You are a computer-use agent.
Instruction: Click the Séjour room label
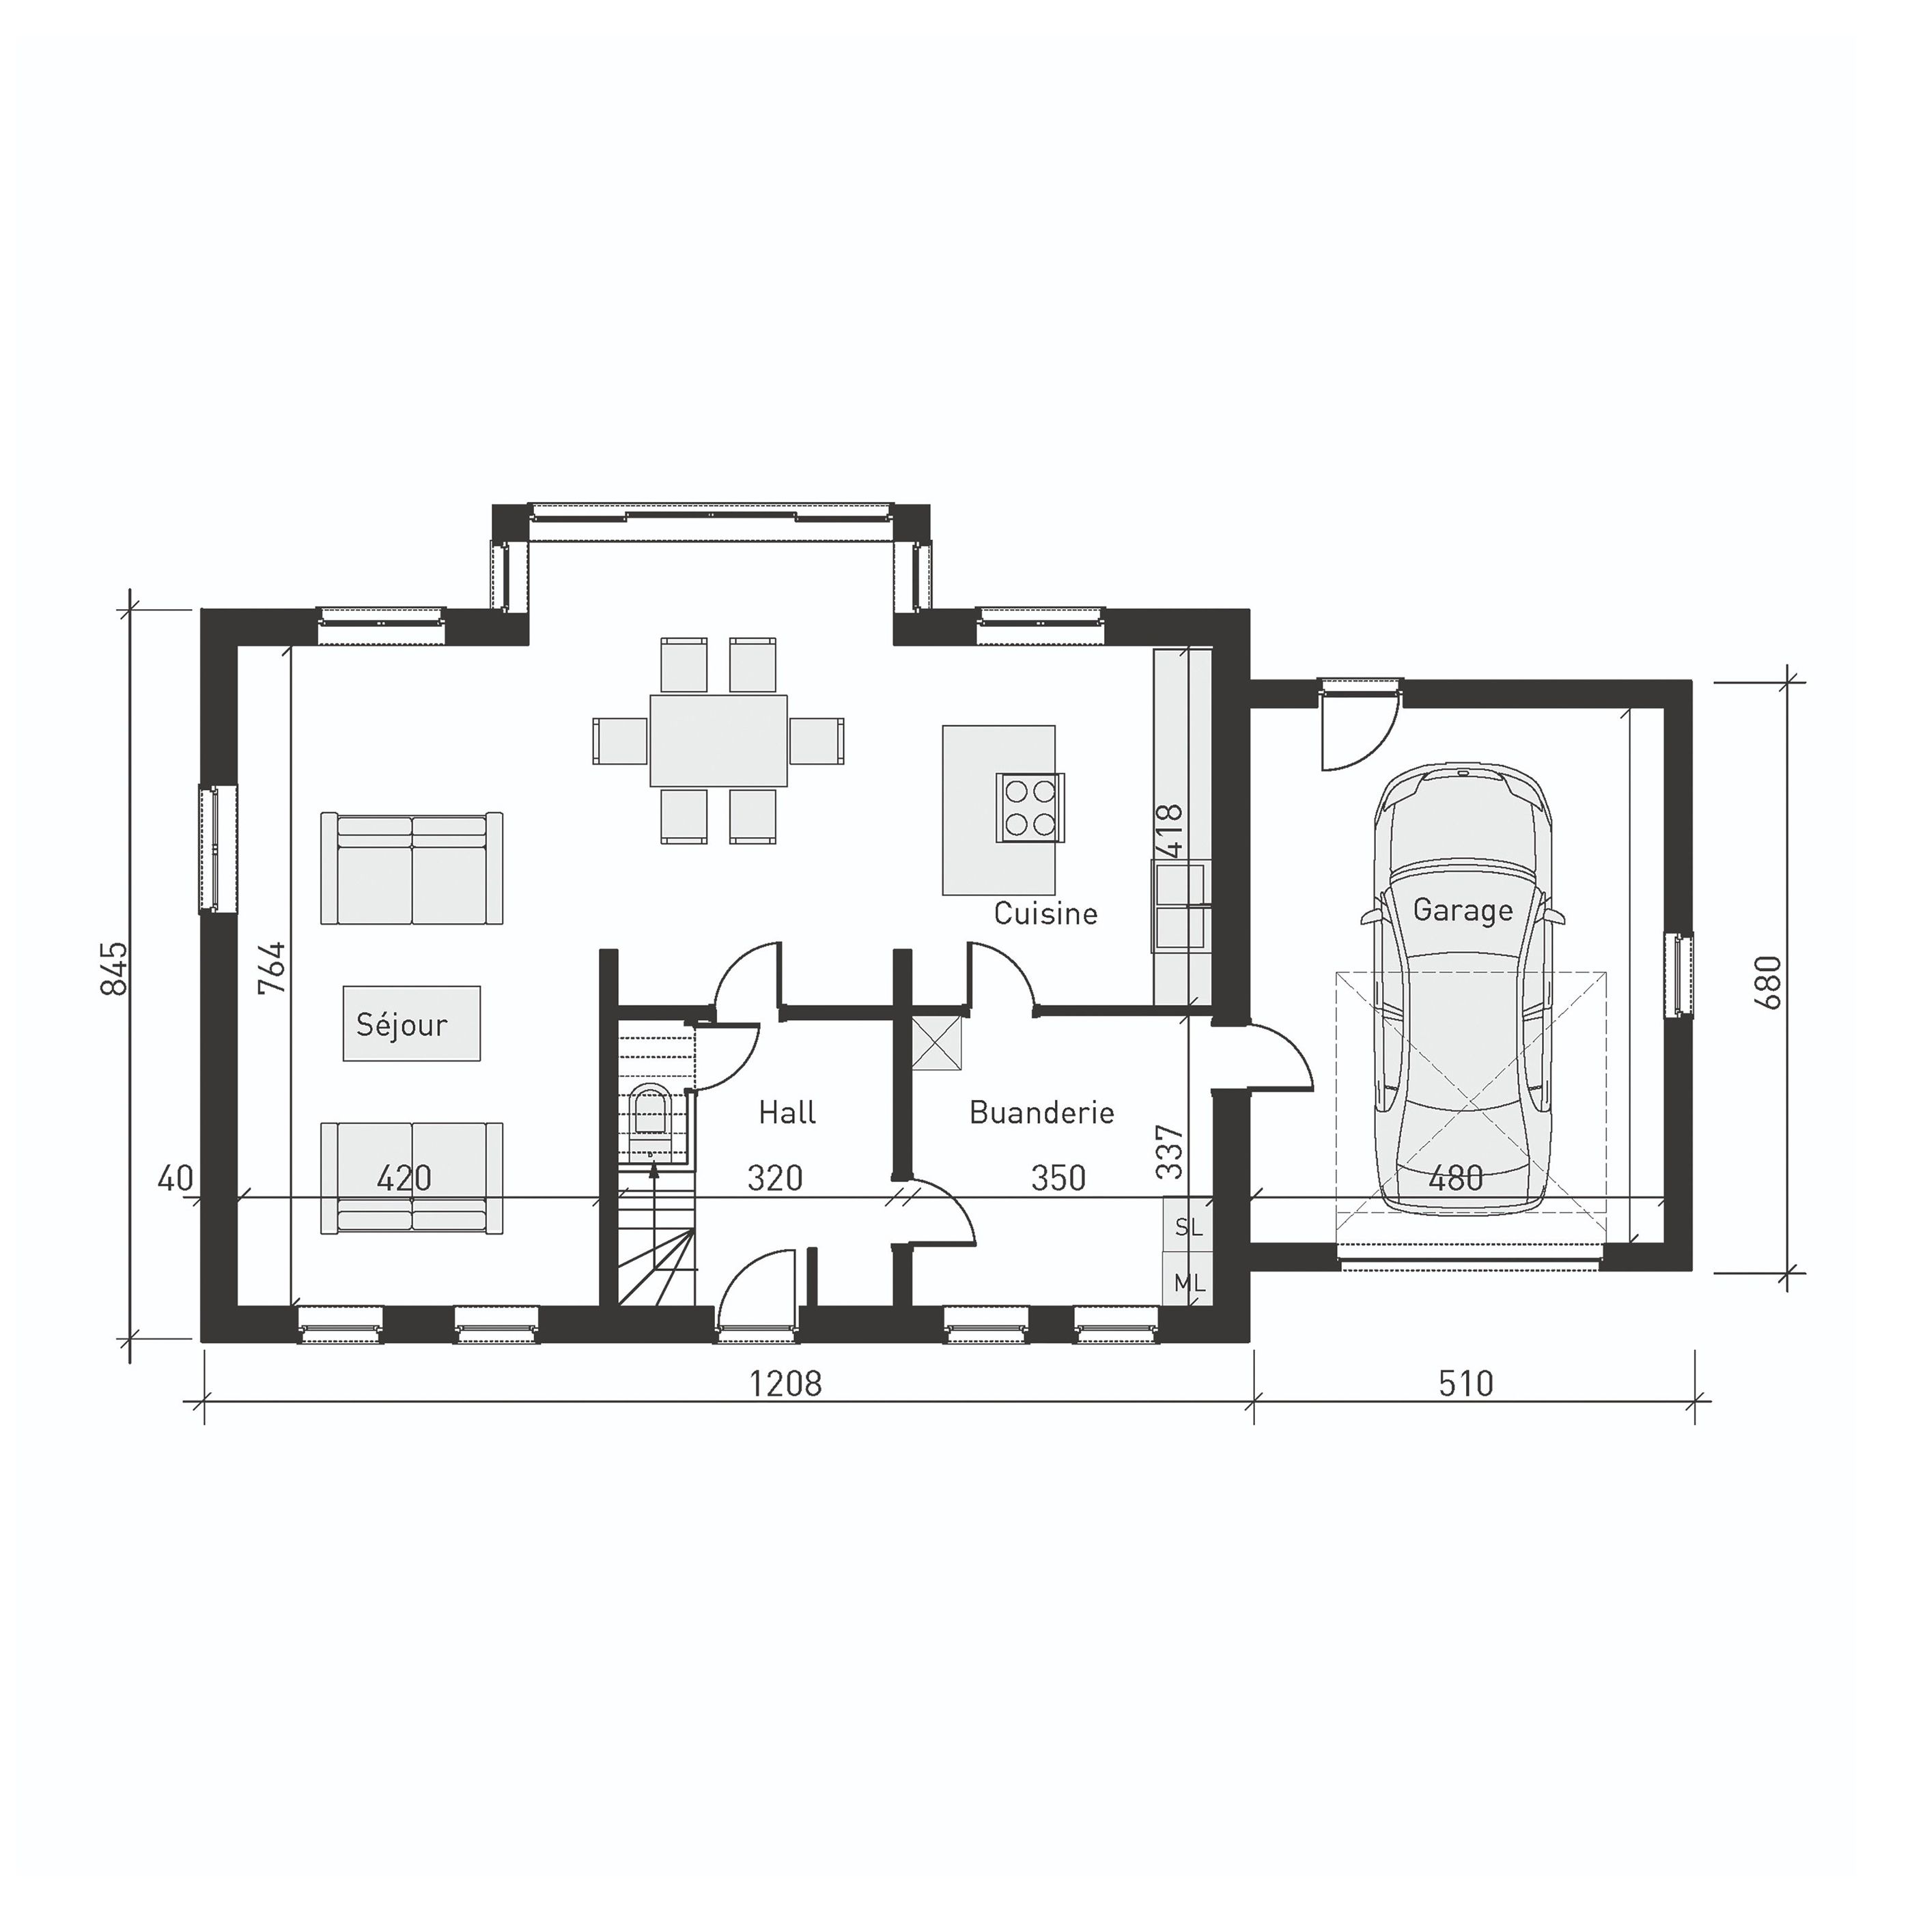coord(402,1024)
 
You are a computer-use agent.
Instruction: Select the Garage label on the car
coord(1462,910)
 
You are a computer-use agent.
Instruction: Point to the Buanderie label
coord(1041,1112)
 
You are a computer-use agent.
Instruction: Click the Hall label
coord(787,1112)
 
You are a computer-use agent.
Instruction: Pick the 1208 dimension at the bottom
coord(785,1383)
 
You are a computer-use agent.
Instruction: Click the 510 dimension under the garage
coord(1465,1383)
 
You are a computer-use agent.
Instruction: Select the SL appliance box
coord(1187,1227)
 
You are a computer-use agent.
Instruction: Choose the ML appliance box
coord(1187,1284)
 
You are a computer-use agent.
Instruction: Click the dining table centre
coord(718,740)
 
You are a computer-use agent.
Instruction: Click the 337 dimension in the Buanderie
coord(1170,1151)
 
